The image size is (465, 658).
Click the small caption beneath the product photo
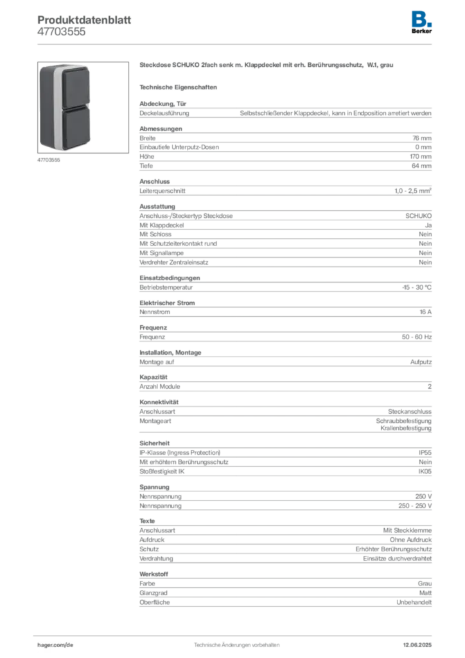(49, 161)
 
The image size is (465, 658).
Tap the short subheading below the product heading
(180, 86)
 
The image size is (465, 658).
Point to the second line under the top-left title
(61, 36)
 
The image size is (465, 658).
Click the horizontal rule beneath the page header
(236, 44)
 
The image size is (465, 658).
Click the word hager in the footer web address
(49, 643)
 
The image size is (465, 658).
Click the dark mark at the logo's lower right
(432, 25)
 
